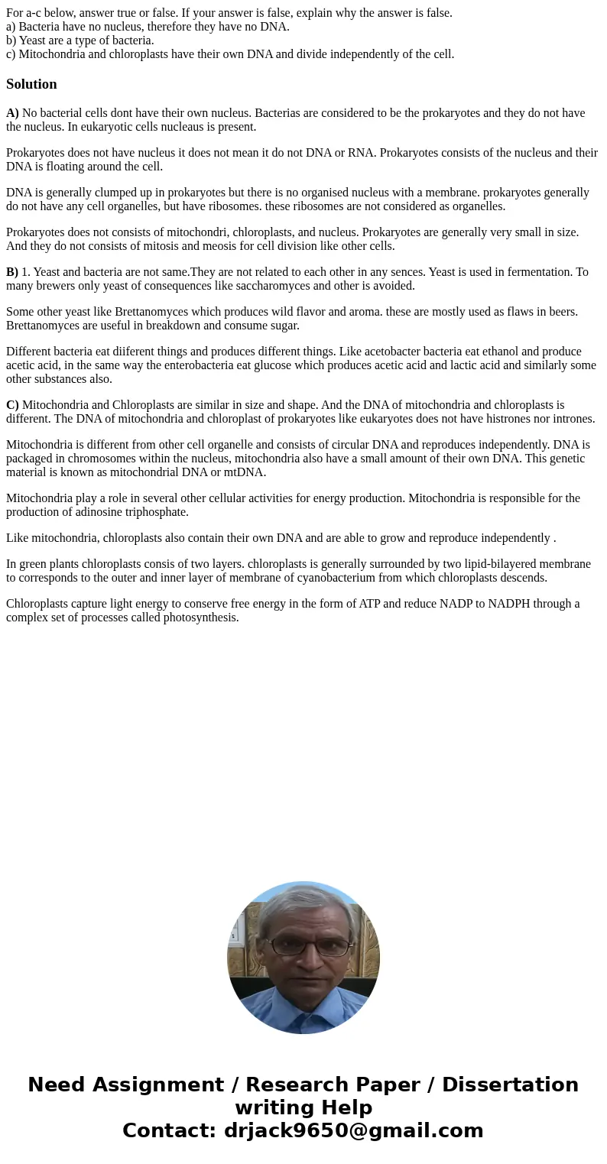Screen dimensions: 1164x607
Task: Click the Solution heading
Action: (x=31, y=84)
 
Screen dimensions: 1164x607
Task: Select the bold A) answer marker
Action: (x=12, y=113)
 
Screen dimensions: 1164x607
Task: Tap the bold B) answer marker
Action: (x=12, y=272)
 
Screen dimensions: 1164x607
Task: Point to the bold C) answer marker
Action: (x=12, y=405)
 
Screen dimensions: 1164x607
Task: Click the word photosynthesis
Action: (x=200, y=618)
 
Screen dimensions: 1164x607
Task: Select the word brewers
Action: (x=59, y=286)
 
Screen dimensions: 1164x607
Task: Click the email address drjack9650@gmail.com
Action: (x=353, y=1131)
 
